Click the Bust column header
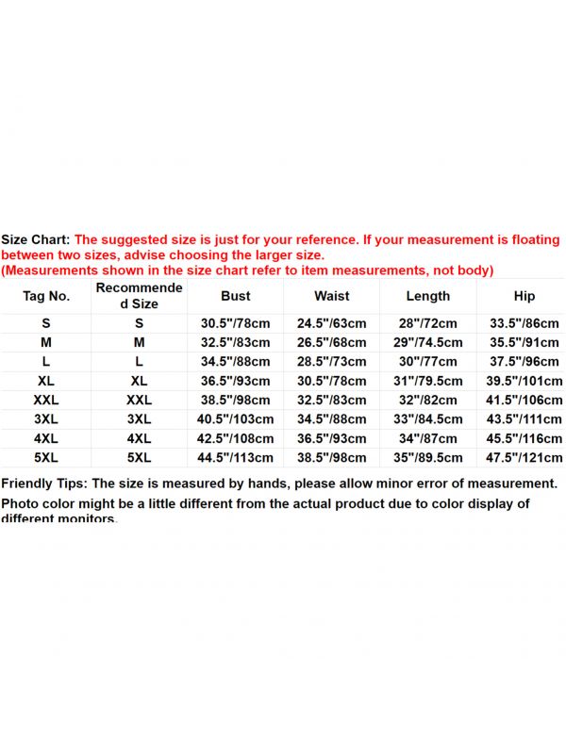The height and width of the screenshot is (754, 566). (x=236, y=296)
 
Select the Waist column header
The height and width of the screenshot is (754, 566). (x=332, y=296)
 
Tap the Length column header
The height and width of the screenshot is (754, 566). (x=428, y=296)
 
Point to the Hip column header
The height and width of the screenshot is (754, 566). (x=524, y=296)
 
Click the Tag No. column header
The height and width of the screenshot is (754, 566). (x=46, y=296)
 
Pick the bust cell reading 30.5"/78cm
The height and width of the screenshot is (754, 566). (x=236, y=323)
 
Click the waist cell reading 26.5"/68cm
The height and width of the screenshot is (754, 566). (x=332, y=343)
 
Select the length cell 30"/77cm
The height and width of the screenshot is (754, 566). (x=428, y=362)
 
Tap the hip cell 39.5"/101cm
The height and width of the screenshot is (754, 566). (x=524, y=381)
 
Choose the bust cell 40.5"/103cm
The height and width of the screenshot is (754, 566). (x=236, y=419)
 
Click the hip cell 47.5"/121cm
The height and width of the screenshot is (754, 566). (x=524, y=458)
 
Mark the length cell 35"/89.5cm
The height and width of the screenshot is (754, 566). (x=428, y=458)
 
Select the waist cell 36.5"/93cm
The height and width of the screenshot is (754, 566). (x=332, y=439)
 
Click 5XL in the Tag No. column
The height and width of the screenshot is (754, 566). (x=46, y=458)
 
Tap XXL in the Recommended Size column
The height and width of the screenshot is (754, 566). (x=140, y=401)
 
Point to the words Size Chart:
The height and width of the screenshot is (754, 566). (x=36, y=241)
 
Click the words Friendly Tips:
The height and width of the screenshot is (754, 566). (x=44, y=484)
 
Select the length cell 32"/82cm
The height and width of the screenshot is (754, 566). (x=428, y=401)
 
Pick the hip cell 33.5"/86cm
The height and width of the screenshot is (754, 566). (x=524, y=323)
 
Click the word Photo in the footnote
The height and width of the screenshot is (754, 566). (x=20, y=504)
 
